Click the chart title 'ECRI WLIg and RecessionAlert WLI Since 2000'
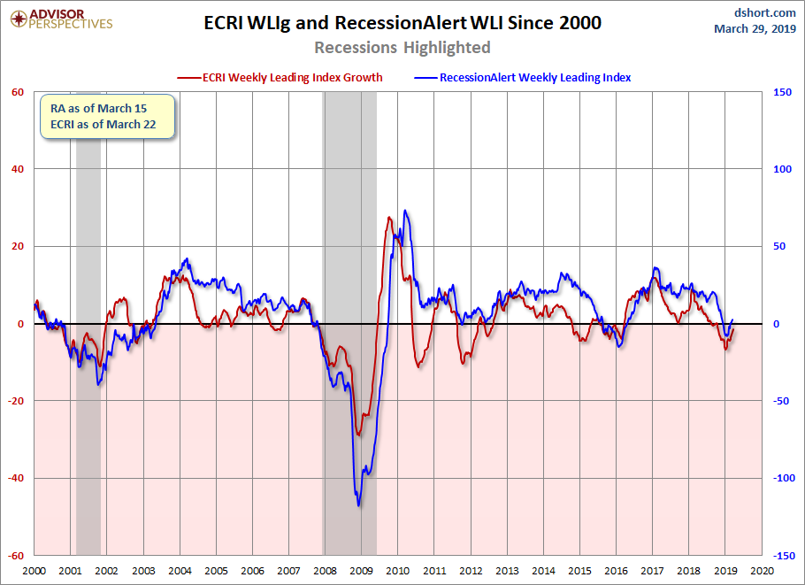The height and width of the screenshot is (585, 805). coord(402,23)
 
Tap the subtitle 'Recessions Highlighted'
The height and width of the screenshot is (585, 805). coord(402,47)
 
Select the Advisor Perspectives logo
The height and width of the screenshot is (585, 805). coord(61,19)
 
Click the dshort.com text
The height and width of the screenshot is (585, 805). coord(765,12)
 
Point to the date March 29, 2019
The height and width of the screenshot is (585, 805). coord(755,28)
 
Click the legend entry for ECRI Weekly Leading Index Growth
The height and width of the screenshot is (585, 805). coord(280,78)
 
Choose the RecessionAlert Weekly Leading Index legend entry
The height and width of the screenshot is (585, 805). coord(523,78)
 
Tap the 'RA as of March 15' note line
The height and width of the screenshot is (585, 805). coord(98,108)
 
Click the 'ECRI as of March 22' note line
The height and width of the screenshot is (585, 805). coord(103,124)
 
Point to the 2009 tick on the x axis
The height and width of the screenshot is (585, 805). coord(362,571)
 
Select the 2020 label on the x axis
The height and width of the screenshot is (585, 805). coord(762,571)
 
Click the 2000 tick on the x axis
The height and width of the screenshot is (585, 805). coord(34,571)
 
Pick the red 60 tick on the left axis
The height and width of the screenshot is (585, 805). coord(18,92)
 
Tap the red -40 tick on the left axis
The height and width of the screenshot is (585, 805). coord(15,478)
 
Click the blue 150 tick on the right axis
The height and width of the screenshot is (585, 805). coord(782,92)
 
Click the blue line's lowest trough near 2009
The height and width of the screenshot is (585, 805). coord(358,506)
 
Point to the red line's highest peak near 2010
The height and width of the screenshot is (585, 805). coord(389,217)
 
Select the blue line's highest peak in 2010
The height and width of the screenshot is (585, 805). coord(405,210)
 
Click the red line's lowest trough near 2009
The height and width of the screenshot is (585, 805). coord(359,435)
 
